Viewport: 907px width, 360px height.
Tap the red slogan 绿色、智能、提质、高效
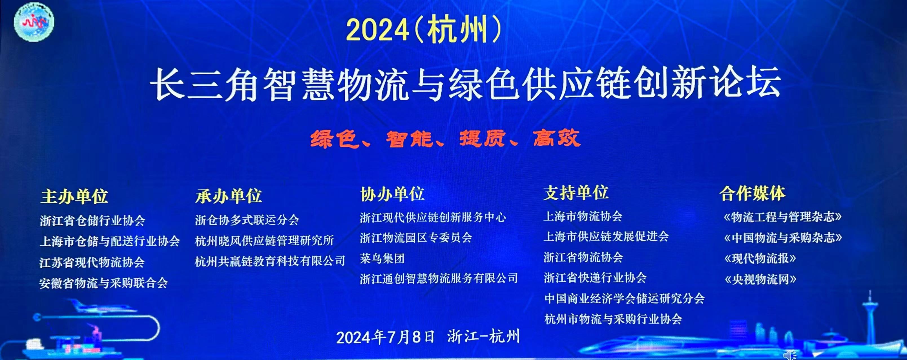point(445,138)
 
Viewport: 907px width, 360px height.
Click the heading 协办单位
point(392,194)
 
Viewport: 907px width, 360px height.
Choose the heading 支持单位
point(576,192)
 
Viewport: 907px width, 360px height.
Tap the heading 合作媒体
point(753,193)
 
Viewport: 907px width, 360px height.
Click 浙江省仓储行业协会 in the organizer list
point(92,221)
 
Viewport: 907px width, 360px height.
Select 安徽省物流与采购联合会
point(103,283)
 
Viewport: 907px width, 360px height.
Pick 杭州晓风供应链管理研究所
point(264,241)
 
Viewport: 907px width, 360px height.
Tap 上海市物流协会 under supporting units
point(583,216)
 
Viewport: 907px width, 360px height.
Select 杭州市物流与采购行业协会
point(613,319)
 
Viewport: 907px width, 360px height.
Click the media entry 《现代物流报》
point(760,259)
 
